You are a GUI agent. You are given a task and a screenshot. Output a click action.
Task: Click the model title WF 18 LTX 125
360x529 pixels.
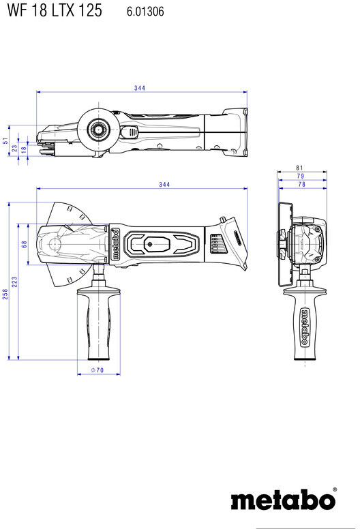(x=55, y=10)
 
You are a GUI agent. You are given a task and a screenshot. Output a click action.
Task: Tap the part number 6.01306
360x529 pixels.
(x=145, y=12)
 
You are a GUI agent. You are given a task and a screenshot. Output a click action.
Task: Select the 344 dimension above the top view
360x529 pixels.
(x=140, y=88)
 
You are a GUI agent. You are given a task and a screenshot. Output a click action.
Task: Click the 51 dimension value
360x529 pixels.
(x=5, y=140)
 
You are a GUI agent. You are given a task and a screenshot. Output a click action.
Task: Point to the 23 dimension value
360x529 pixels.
(x=14, y=148)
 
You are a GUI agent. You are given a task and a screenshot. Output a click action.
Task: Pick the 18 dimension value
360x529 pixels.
(x=24, y=149)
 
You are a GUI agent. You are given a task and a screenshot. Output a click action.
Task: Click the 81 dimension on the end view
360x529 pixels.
(x=299, y=168)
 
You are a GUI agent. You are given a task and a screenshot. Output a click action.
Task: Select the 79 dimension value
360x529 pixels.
(x=300, y=176)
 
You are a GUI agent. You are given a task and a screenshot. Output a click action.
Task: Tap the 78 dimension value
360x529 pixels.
(x=301, y=184)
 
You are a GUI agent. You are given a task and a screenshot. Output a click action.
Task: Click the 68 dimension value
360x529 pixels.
(x=25, y=244)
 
